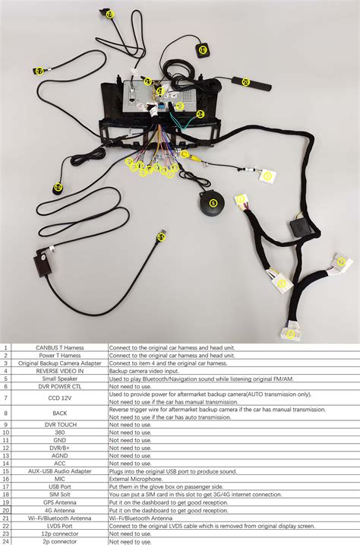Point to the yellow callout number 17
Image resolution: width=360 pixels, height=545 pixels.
click(39, 71)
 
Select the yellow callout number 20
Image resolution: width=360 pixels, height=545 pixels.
click(245, 81)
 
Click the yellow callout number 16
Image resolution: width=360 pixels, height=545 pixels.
click(58, 187)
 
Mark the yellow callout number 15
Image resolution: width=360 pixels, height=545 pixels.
click(161, 237)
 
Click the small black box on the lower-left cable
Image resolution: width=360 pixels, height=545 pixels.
click(42, 265)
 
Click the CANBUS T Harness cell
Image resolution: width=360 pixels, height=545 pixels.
click(59, 347)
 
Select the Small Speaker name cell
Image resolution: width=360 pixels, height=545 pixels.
click(59, 378)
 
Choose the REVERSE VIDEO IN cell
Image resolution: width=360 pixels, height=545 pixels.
click(59, 370)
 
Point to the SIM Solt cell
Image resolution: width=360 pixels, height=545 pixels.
click(59, 495)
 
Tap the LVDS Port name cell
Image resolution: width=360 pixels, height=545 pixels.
click(59, 526)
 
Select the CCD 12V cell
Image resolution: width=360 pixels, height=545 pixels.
click(59, 397)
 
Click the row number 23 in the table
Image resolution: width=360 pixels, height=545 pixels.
click(6, 534)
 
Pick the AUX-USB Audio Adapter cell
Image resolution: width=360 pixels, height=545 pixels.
click(59, 471)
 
